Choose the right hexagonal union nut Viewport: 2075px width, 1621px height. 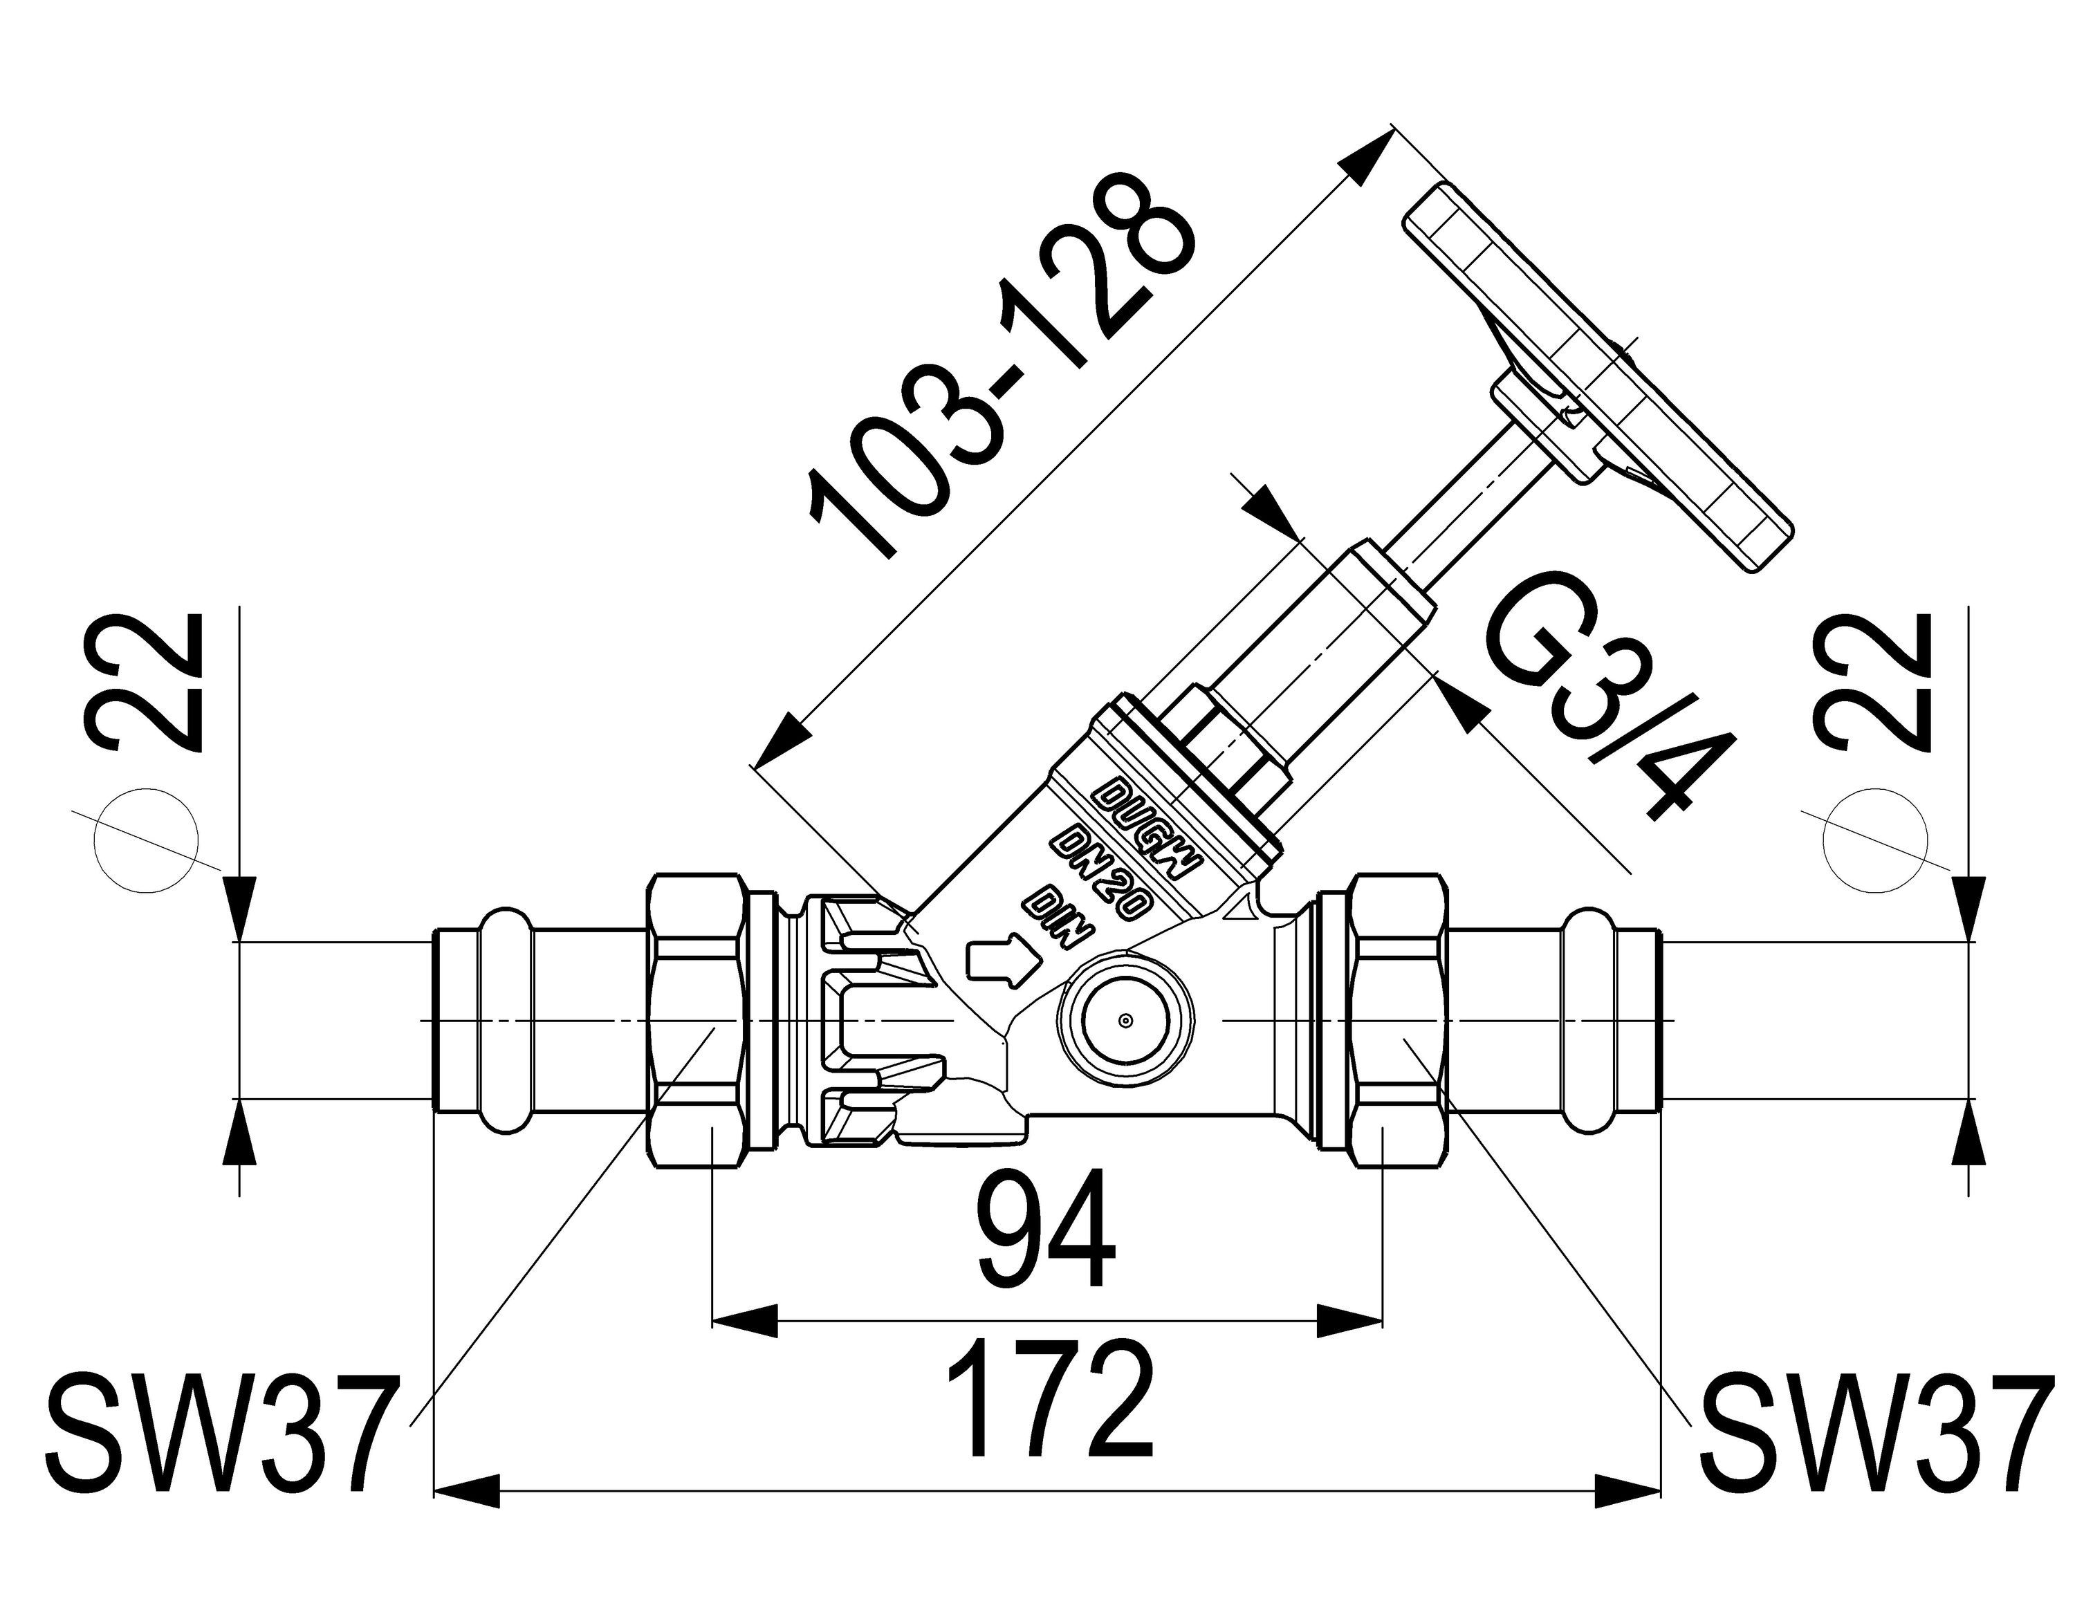[x=1394, y=1022]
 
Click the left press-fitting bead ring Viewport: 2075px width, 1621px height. [x=513, y=1021]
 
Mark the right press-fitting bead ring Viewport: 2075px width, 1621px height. [x=1580, y=1021]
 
